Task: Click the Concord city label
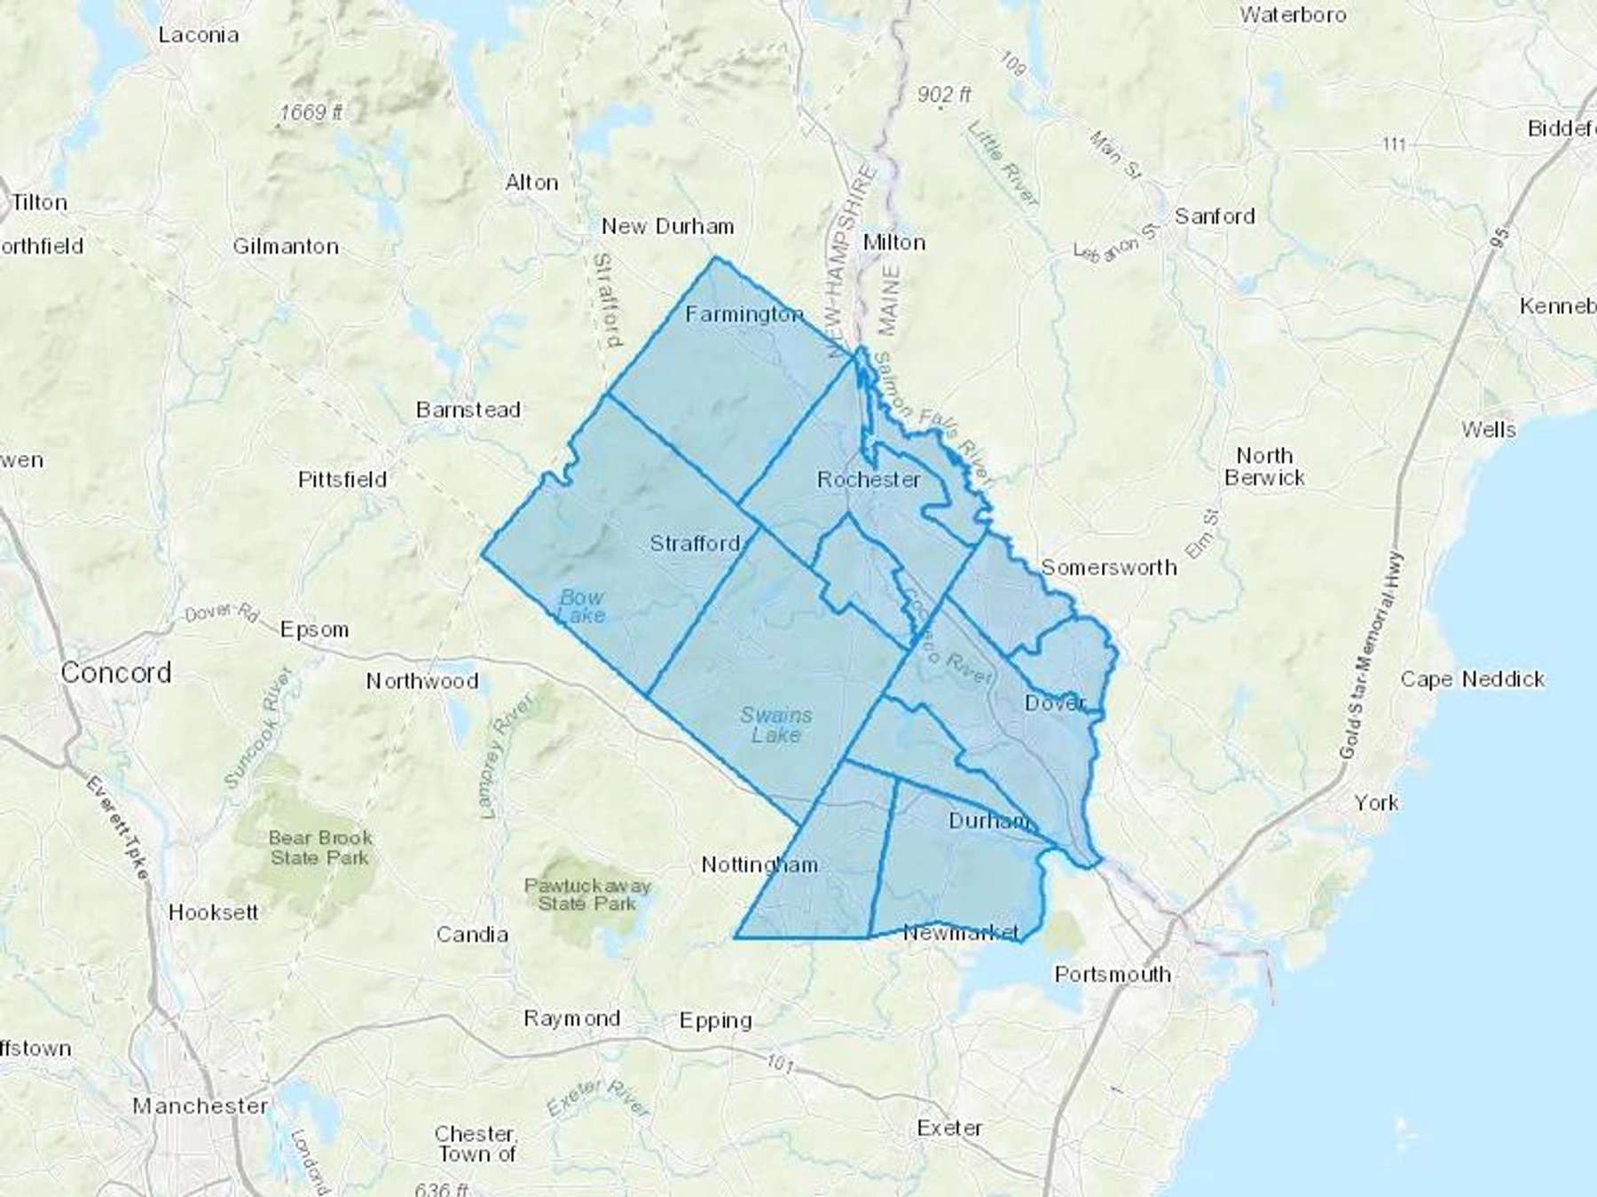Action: pyautogui.click(x=116, y=673)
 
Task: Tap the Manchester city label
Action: pyautogui.click(x=200, y=1106)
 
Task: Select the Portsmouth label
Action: pyautogui.click(x=1113, y=974)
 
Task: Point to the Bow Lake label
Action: pyautogui.click(x=582, y=606)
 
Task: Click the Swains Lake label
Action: pyautogui.click(x=776, y=724)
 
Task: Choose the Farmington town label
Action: pyautogui.click(x=744, y=314)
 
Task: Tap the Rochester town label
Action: pyautogui.click(x=869, y=480)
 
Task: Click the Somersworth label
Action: pyautogui.click(x=1109, y=567)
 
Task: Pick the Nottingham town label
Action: pyautogui.click(x=759, y=864)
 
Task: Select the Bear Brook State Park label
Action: pyautogui.click(x=320, y=848)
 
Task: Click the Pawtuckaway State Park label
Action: pyautogui.click(x=587, y=895)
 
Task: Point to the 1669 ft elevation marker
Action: pyautogui.click(x=311, y=113)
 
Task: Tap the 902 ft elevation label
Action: pyautogui.click(x=944, y=94)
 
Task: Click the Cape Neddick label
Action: pyautogui.click(x=1473, y=679)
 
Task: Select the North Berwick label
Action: pyautogui.click(x=1264, y=466)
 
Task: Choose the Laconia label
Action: pyautogui.click(x=199, y=35)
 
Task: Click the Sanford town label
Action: pyautogui.click(x=1215, y=216)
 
